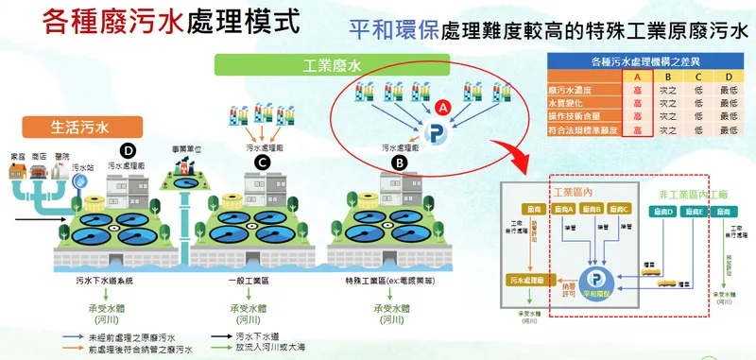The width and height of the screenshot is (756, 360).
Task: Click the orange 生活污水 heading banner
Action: click(x=71, y=123)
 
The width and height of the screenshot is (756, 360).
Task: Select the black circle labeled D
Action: click(x=129, y=149)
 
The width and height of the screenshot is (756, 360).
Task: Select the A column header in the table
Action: click(x=638, y=77)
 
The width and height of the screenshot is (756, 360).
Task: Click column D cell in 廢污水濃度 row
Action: click(x=727, y=90)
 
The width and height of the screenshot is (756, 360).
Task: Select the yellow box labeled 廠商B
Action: click(x=592, y=209)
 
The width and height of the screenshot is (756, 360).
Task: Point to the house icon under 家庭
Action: click(x=16, y=172)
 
